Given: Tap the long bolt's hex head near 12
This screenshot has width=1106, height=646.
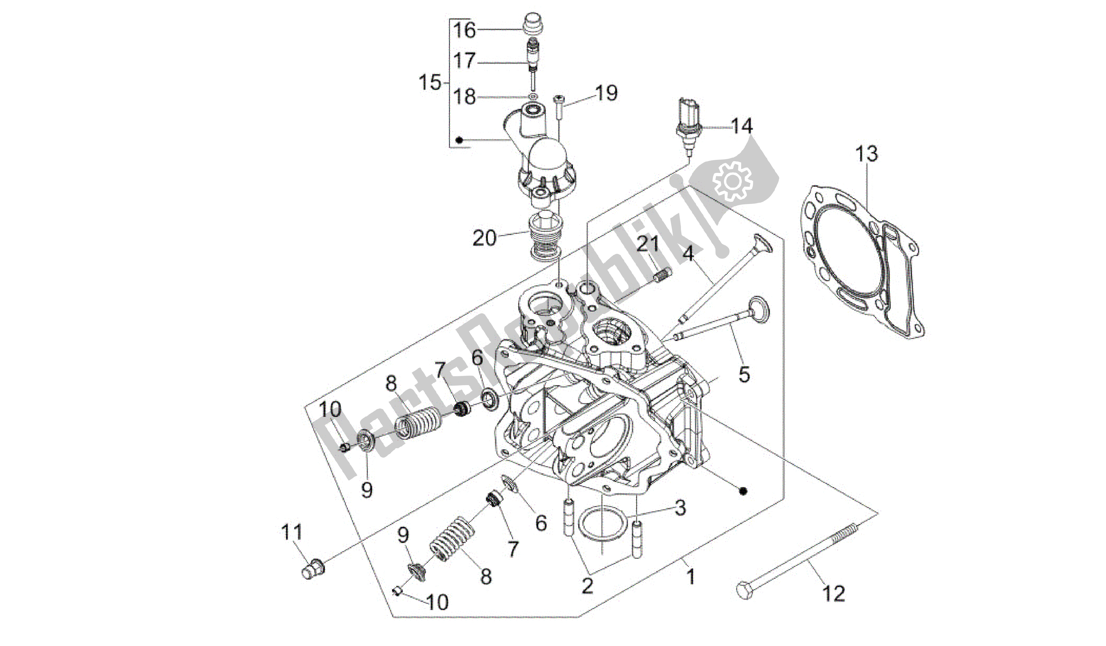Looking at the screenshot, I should click(745, 593).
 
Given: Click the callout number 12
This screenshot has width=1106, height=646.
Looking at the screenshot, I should click(833, 594).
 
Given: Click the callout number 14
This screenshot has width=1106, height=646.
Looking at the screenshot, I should click(742, 126).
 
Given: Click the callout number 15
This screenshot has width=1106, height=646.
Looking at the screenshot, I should click(429, 82).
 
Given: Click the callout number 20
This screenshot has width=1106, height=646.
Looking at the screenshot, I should click(484, 239).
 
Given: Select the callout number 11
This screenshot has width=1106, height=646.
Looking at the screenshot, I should click(292, 533).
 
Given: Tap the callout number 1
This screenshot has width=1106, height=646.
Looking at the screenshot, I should click(690, 576).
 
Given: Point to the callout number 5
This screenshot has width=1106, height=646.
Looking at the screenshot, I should click(744, 375).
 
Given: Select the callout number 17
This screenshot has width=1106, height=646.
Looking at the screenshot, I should click(464, 60).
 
